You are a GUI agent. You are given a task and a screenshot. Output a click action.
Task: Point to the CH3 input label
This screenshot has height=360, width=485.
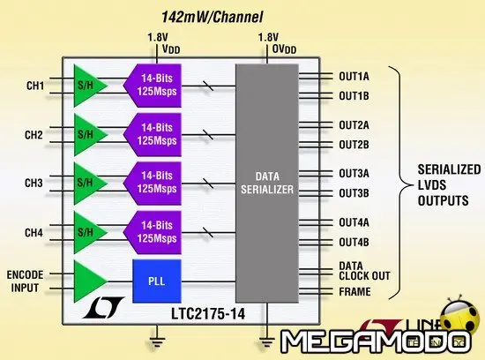pos(35,183)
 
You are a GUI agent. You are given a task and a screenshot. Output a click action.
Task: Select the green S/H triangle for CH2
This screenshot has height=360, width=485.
pos(89,134)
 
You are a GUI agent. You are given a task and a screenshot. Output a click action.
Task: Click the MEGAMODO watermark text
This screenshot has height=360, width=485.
pos(379,340)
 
